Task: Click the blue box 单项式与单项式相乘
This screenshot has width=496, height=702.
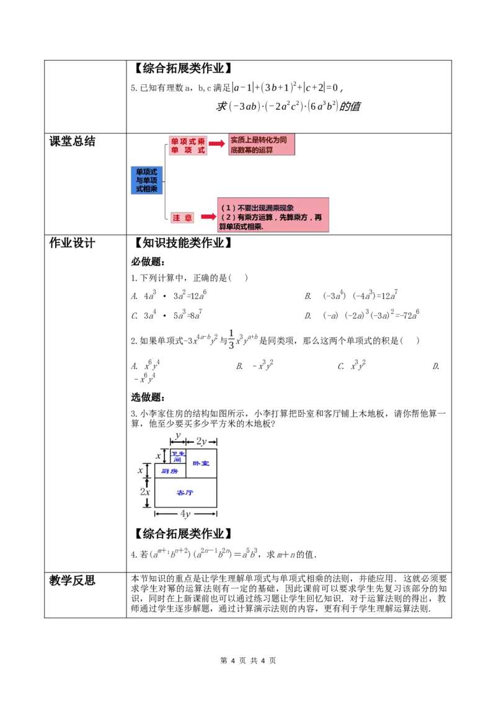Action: (146, 180)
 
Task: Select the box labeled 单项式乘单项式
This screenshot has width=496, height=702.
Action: (188, 146)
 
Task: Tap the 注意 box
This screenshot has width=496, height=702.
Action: (183, 218)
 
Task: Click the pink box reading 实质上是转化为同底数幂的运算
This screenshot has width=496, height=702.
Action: (262, 144)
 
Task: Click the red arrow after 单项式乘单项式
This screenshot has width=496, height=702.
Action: (217, 143)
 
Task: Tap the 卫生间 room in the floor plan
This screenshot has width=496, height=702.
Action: (178, 456)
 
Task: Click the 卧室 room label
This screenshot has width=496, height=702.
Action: (201, 463)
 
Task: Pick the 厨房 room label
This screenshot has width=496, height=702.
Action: (170, 471)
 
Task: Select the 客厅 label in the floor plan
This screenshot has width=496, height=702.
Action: (185, 492)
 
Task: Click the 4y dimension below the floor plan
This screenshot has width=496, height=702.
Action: (185, 514)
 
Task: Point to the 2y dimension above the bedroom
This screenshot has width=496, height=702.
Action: (201, 442)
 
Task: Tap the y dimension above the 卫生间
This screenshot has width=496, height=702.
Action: (178, 436)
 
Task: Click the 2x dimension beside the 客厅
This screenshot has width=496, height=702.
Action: (144, 492)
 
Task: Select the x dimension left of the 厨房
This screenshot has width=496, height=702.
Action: (141, 471)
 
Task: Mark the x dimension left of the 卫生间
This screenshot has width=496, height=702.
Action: (159, 456)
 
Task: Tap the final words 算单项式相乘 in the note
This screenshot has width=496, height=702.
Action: (243, 227)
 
